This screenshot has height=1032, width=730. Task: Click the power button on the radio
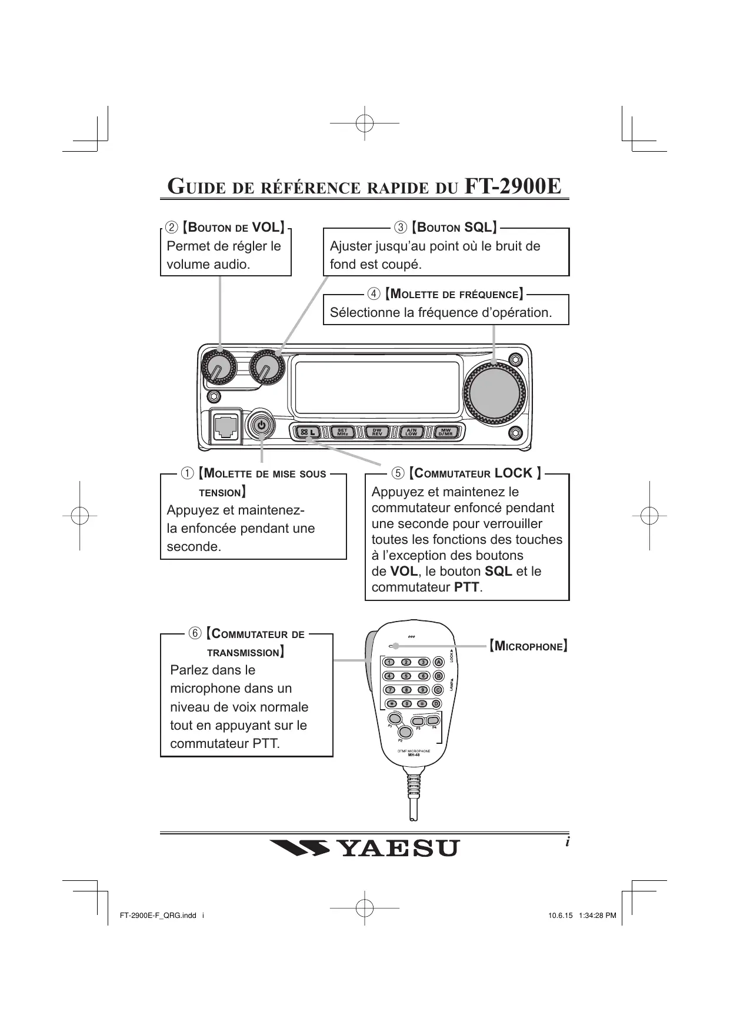(x=262, y=425)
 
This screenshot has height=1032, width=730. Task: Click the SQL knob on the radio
(x=266, y=369)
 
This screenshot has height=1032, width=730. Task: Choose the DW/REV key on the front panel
(x=376, y=432)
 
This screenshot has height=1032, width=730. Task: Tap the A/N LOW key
(x=411, y=432)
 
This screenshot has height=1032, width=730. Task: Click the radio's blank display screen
(x=377, y=387)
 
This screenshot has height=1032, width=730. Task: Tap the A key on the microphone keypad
(x=438, y=662)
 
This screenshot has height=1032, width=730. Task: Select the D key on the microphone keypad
(x=436, y=703)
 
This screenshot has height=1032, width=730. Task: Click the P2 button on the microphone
(x=405, y=732)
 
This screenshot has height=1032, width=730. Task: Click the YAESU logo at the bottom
(x=365, y=849)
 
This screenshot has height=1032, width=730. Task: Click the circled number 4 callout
(x=374, y=293)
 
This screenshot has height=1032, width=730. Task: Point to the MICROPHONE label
(x=528, y=646)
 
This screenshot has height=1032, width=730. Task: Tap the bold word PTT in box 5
(x=466, y=587)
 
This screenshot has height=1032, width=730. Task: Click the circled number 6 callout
(x=195, y=633)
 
